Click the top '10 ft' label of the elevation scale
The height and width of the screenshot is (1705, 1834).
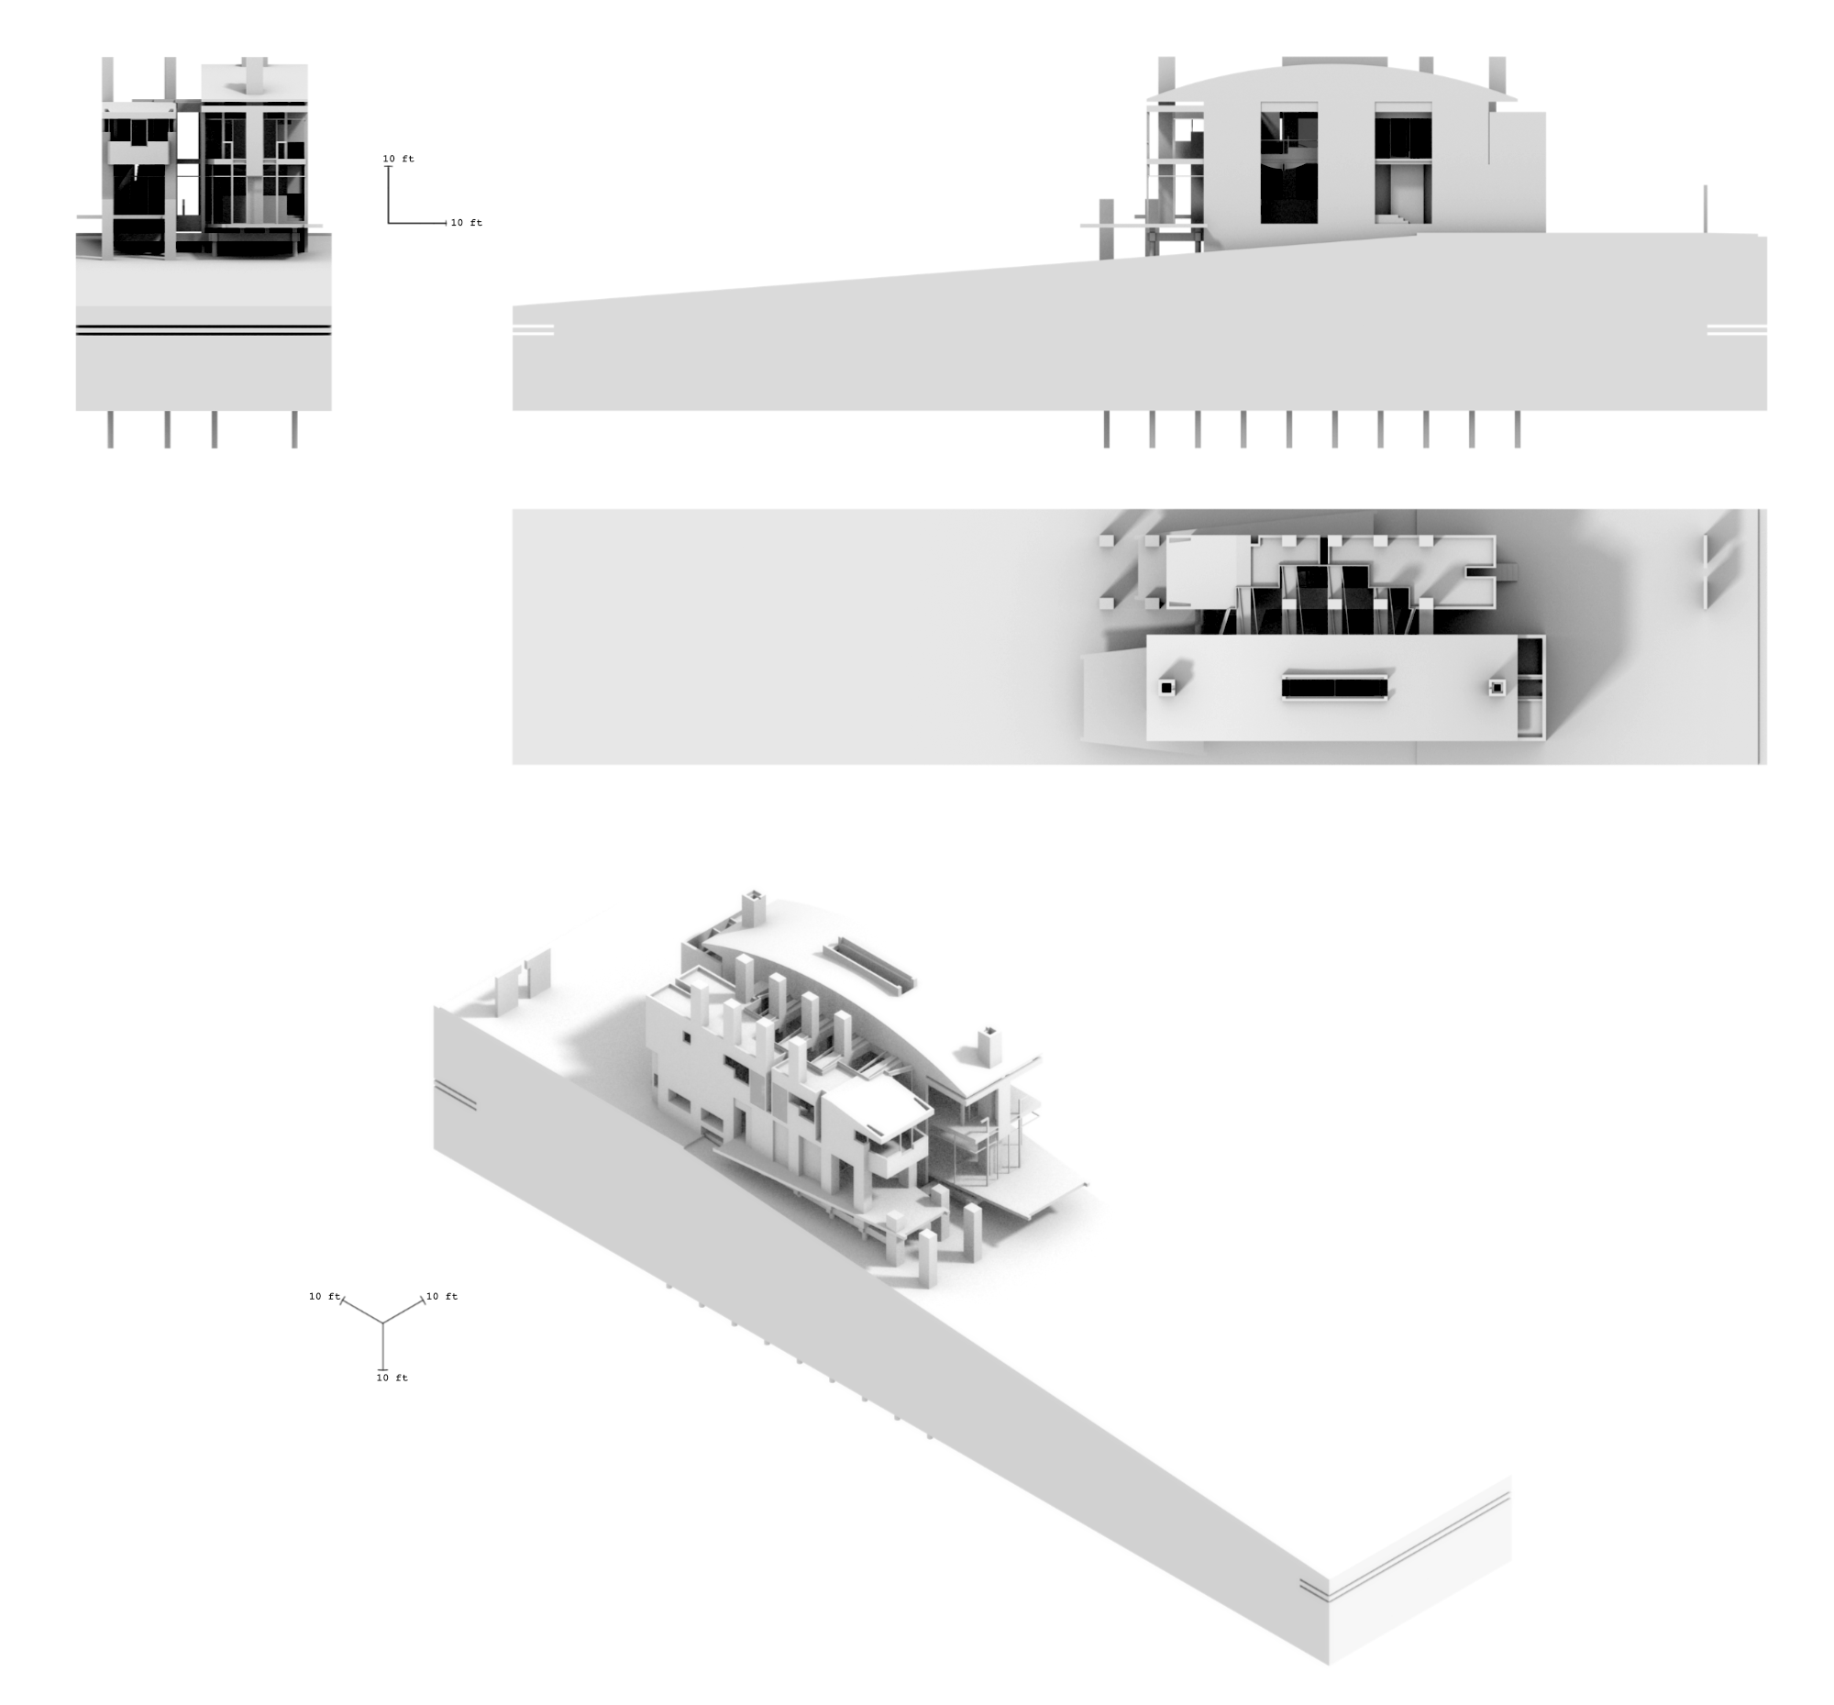[399, 159]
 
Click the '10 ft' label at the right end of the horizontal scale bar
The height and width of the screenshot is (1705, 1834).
[466, 222]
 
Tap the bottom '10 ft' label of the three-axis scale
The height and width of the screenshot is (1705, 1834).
[392, 1378]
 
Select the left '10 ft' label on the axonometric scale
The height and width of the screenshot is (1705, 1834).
[325, 1296]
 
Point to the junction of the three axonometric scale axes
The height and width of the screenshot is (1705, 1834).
[383, 1324]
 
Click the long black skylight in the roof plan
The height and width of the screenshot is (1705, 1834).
[1335, 687]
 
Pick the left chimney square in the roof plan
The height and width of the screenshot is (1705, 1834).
[1167, 687]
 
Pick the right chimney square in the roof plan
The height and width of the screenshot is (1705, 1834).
[1497, 687]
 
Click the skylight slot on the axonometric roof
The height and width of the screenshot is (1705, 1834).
[875, 964]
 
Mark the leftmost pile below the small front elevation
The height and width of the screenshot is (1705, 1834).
[111, 430]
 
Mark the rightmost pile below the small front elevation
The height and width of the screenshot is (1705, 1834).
[294, 430]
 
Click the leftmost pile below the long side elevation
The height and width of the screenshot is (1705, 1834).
[1106, 430]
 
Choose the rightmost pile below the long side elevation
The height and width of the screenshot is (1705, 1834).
[1518, 430]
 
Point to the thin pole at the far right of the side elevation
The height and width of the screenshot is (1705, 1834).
[1705, 209]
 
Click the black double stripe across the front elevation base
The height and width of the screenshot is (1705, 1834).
[203, 329]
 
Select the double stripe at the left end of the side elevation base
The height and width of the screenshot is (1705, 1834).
[533, 329]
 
